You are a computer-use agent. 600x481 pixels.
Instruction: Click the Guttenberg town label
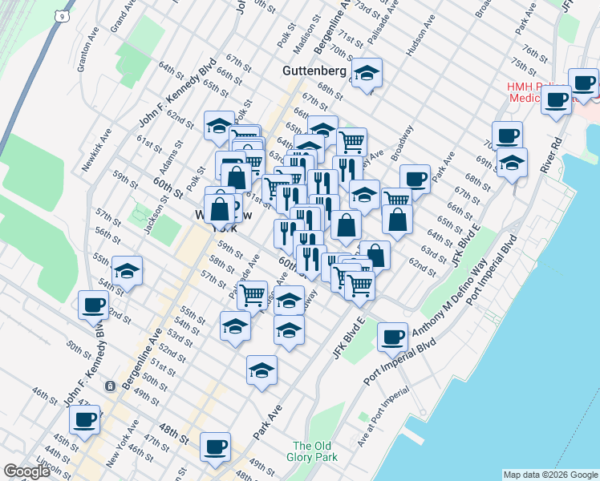click(x=314, y=71)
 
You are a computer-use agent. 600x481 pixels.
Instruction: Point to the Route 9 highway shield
click(x=60, y=15)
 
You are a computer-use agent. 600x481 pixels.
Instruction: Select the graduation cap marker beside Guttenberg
click(x=367, y=74)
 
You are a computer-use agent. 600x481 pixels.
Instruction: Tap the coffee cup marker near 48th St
click(x=214, y=447)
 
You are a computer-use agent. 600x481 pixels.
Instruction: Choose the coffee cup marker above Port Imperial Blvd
click(x=392, y=337)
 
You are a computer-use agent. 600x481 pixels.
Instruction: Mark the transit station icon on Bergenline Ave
click(x=109, y=386)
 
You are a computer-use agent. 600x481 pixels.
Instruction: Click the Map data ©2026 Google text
click(x=550, y=474)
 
